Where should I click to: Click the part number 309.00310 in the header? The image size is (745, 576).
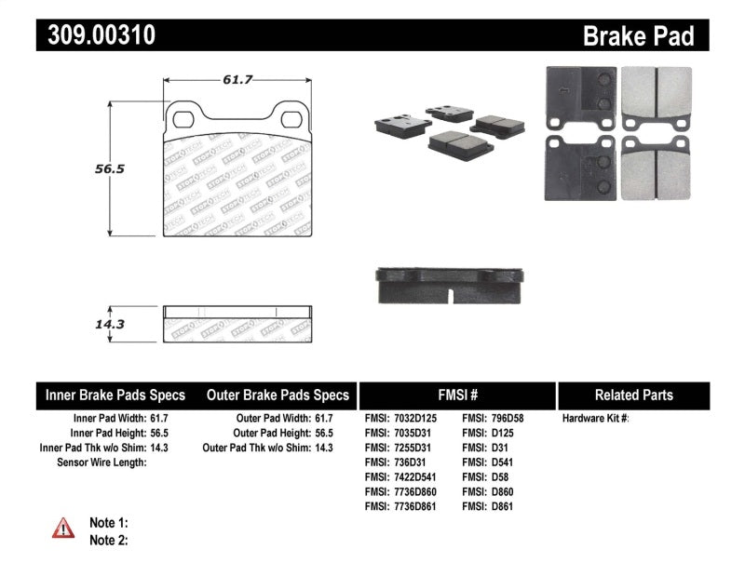pos(97,35)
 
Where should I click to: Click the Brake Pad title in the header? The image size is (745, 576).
pos(638,36)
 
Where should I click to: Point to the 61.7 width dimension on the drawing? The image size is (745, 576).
pos(237,80)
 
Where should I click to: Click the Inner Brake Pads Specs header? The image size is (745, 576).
pos(115,395)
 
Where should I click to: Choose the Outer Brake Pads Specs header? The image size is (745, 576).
pos(278,395)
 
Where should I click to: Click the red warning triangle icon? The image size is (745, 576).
pos(63,529)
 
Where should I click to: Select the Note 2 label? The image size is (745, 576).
pos(108,540)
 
